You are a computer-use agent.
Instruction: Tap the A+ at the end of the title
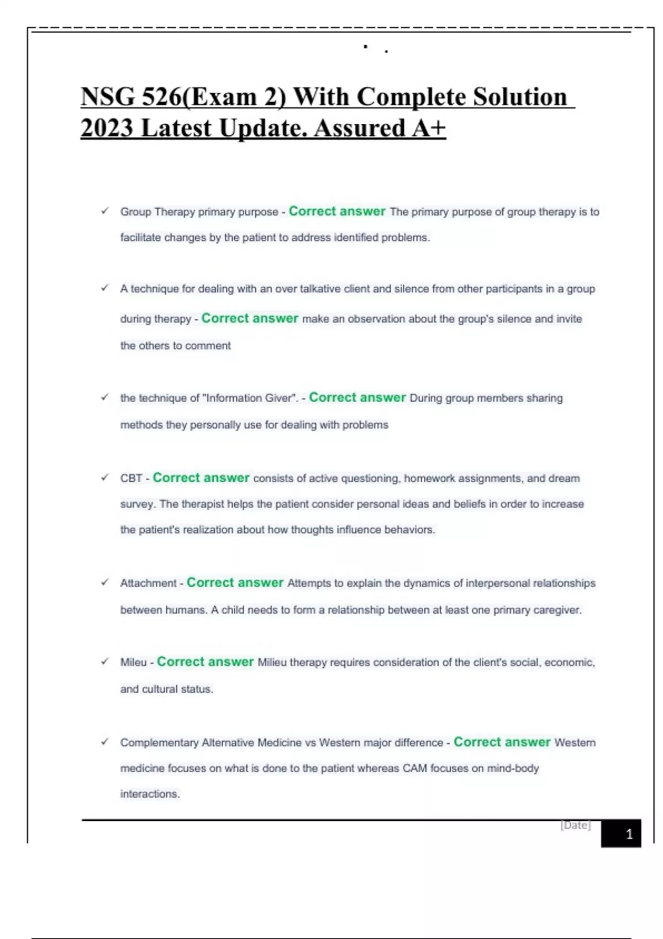429,129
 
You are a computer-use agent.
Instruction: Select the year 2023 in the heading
107,129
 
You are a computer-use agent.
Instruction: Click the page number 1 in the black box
629,834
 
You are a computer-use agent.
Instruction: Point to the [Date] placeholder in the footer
575,825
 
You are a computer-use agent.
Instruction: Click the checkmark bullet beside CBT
104,478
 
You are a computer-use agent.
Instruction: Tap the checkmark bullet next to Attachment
104,582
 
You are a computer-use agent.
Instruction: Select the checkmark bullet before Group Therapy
104,211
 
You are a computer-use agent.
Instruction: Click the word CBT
131,478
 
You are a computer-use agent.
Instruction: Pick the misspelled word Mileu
133,662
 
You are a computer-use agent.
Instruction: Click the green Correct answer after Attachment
235,583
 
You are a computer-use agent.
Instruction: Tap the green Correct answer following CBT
201,478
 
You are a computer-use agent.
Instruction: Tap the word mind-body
512,768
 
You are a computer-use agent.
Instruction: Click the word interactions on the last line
149,794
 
